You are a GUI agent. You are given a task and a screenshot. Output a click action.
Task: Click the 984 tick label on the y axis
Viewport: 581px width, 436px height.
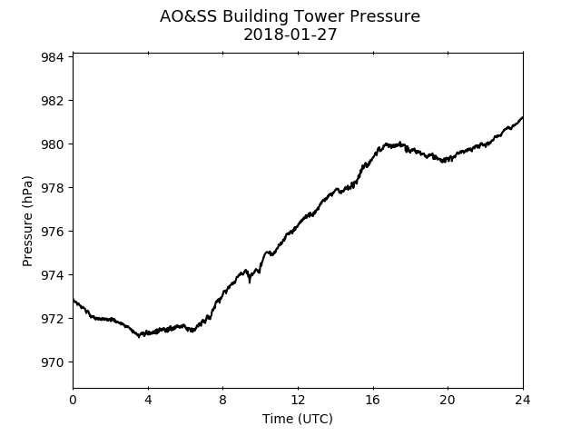52,57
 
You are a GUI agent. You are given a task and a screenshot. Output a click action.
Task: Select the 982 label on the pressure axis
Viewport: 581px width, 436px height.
52,101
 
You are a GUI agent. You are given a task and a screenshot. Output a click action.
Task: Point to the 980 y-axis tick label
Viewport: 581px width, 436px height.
52,144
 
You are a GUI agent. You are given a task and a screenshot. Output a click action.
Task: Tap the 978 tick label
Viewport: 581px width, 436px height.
52,188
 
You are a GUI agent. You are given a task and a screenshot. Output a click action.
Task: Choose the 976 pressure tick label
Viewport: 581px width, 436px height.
52,232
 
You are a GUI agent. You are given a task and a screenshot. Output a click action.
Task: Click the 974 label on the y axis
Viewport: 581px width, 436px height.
52,275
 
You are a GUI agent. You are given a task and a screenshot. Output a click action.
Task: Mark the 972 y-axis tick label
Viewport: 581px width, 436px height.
52,319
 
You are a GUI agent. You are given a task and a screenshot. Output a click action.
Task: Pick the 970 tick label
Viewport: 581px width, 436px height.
52,362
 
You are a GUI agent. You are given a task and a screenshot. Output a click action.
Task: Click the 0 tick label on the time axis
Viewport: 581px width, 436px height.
73,400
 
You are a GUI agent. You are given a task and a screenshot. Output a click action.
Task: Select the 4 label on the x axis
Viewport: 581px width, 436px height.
148,400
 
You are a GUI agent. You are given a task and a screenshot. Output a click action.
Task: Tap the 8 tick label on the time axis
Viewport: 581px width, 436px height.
222,400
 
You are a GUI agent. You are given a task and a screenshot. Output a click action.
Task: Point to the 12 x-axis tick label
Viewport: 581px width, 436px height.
298,400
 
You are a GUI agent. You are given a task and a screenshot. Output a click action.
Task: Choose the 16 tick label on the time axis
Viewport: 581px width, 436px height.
373,400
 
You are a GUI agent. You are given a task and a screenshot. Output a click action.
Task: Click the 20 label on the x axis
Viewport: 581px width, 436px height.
448,400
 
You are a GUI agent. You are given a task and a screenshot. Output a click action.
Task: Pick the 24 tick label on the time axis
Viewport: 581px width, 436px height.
523,400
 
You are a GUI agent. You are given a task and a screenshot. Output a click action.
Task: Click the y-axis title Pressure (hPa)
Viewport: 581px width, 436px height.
27,221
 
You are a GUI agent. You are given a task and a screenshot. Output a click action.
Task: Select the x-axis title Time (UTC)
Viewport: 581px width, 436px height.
298,419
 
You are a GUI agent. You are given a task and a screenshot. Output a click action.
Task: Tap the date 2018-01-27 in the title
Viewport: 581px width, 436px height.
290,35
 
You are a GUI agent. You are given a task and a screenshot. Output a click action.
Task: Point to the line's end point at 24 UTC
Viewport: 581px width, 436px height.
523,117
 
